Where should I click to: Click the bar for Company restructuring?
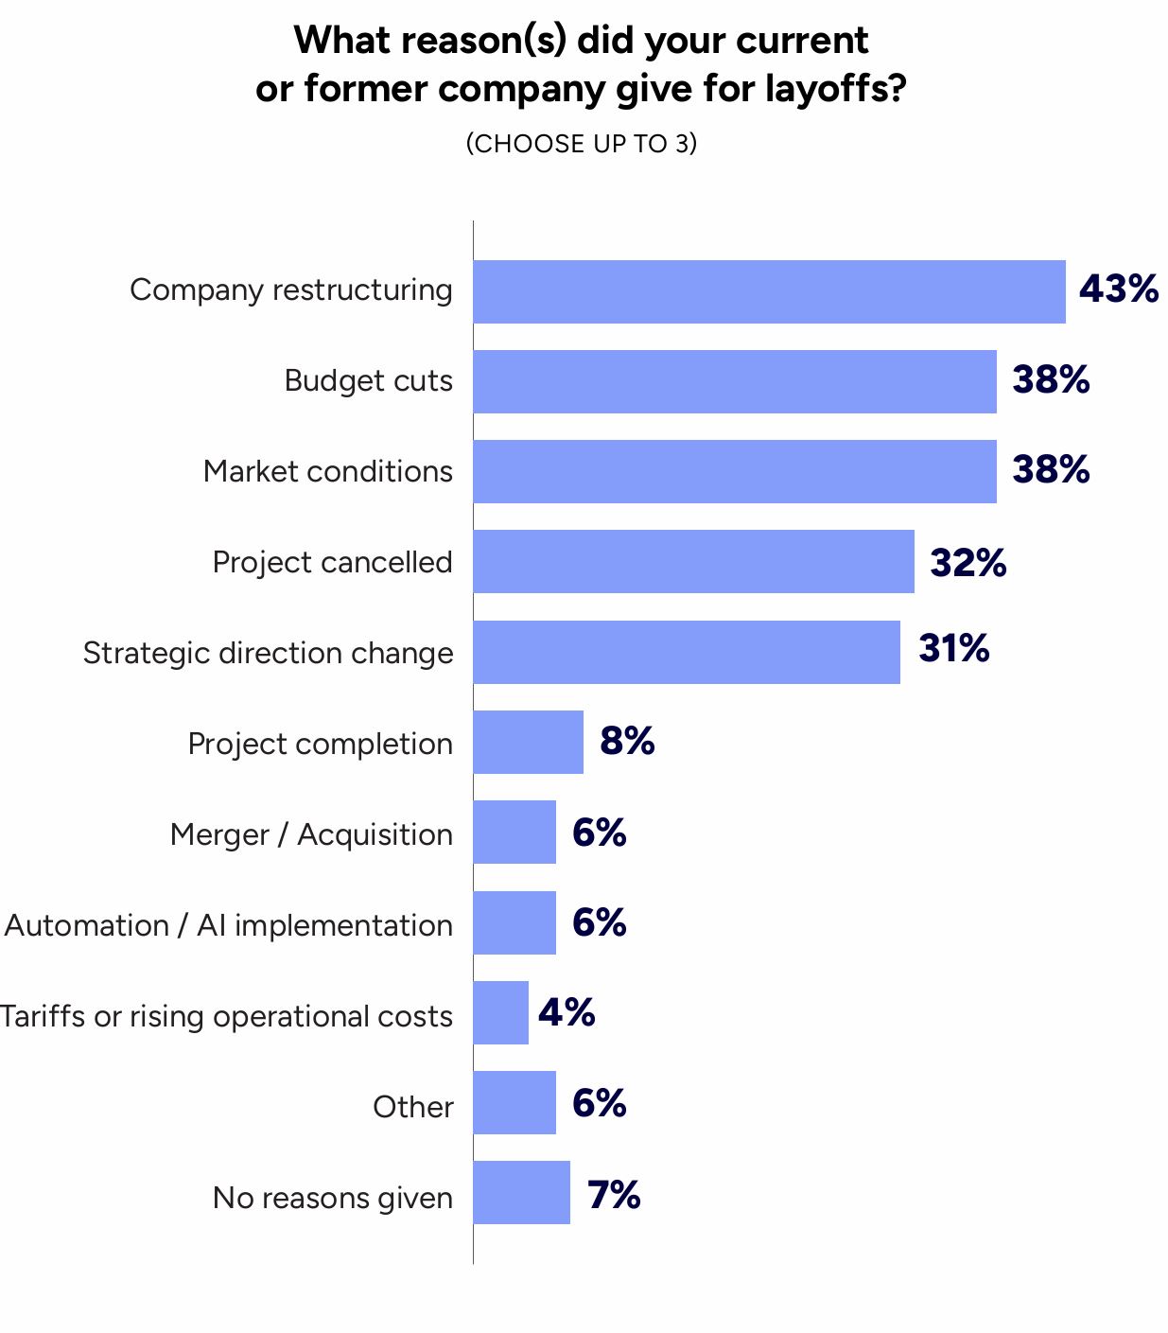769,291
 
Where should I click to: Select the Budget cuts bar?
735,381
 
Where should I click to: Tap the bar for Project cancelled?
693,561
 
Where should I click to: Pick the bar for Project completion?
528,742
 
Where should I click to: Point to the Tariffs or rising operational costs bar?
500,1012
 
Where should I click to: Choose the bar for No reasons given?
521,1192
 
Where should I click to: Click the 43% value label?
1119,289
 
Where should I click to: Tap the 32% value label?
968,562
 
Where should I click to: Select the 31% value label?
953,648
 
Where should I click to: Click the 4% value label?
567,1012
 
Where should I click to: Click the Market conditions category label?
327,471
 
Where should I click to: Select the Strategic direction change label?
268,653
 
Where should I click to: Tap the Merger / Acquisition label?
311,834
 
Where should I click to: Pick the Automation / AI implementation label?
228,925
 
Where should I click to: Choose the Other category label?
412,1107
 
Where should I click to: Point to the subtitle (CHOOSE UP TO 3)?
581,144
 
